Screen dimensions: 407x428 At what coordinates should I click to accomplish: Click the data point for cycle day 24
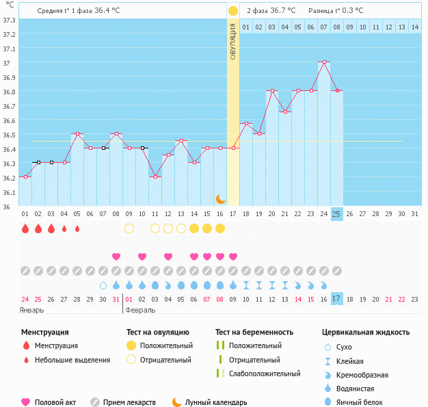tap(323, 62)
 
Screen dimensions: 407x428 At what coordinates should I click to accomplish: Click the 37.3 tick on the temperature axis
tap(8, 21)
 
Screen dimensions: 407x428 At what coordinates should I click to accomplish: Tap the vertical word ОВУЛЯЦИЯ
tap(232, 42)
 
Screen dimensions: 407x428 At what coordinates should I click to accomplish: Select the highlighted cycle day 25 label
tap(336, 213)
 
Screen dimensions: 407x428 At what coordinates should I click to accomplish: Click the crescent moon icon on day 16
tap(220, 198)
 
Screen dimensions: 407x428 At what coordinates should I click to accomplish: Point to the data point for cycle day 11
tap(155, 176)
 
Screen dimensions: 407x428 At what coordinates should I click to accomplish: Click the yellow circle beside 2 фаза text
tap(233, 11)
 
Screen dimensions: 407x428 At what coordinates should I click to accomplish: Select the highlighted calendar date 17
tap(336, 298)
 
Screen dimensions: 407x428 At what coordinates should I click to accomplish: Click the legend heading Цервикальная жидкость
tap(366, 332)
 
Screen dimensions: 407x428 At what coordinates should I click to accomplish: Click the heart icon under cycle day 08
tap(116, 257)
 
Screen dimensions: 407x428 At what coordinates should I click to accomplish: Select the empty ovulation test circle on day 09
tap(129, 228)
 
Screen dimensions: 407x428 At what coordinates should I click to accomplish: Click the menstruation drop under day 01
tap(25, 228)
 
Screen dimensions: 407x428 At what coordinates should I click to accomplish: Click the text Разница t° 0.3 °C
tap(336, 11)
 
